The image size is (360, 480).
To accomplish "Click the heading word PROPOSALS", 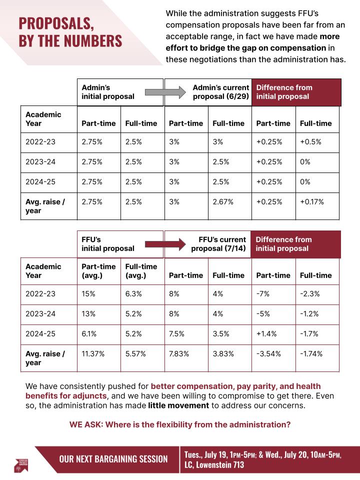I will click(x=56, y=23).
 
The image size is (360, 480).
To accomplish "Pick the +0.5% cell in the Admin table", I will click(x=307, y=142).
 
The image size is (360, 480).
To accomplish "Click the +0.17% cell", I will click(x=311, y=201).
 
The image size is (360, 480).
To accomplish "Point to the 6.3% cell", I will click(x=133, y=294).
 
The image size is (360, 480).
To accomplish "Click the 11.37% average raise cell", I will click(x=92, y=354).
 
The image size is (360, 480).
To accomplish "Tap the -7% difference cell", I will click(x=263, y=294).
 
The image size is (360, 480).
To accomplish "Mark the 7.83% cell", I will click(x=179, y=354).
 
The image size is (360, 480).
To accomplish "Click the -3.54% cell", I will click(x=268, y=354).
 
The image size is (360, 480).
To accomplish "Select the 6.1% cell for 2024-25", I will click(x=90, y=334).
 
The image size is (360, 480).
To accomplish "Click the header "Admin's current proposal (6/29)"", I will click(x=220, y=92).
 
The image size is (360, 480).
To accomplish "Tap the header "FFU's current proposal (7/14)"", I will click(x=218, y=244).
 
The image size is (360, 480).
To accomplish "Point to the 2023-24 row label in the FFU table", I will click(x=40, y=314).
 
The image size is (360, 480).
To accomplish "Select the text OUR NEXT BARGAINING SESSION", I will click(x=113, y=459).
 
